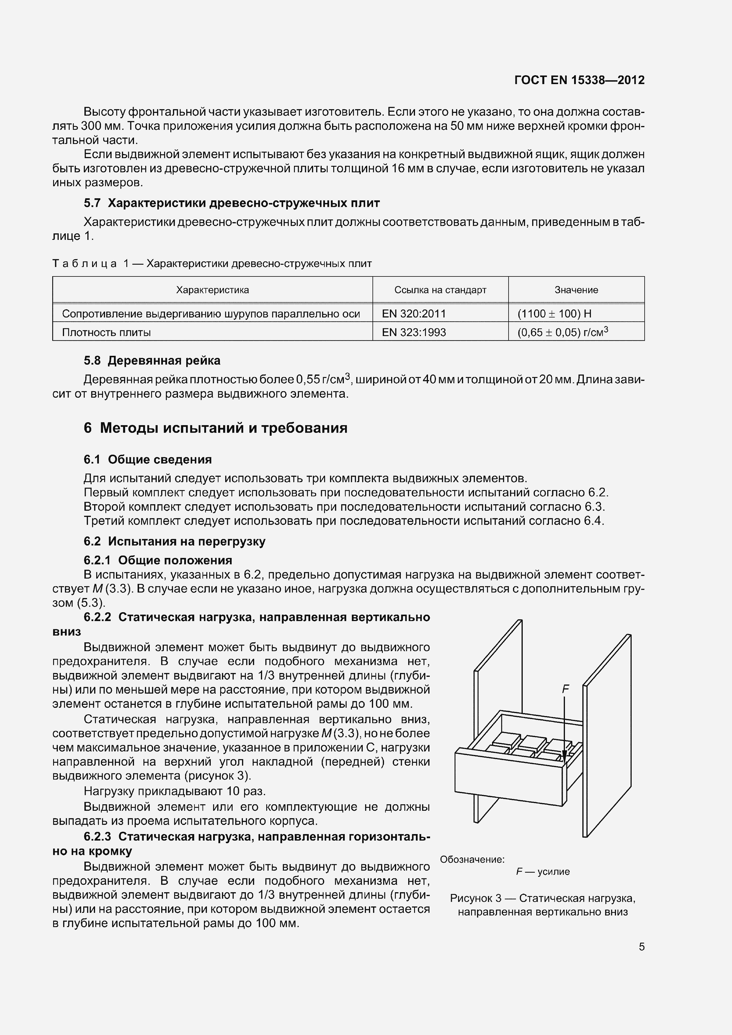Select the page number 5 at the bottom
641,947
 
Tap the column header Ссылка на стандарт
440,290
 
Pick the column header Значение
576,290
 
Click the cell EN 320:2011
414,313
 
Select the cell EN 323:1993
414,332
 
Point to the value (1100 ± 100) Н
554,313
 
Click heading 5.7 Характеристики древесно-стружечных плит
231,203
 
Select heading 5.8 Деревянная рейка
152,360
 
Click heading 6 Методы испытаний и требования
215,427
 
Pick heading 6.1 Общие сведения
148,459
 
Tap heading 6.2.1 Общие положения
158,560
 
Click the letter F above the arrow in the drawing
566,689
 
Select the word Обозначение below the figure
472,859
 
